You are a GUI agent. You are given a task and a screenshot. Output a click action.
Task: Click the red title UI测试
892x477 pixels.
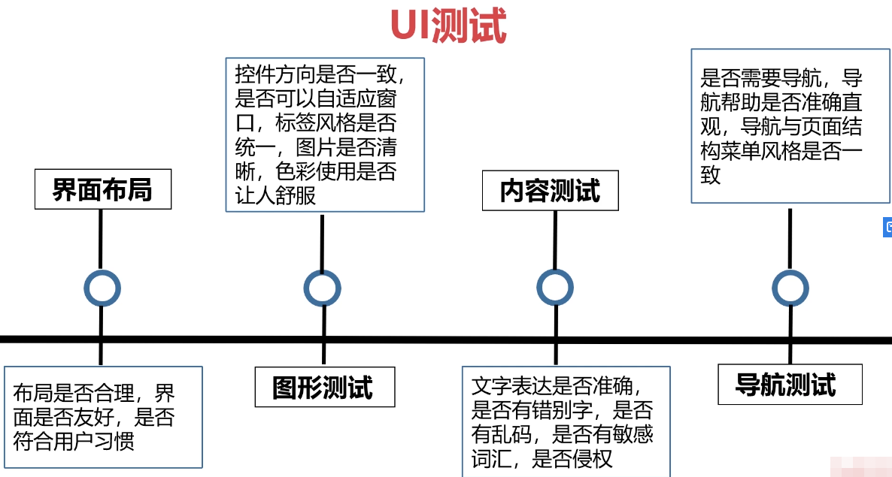448,26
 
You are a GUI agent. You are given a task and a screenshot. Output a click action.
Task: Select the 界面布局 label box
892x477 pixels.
102,189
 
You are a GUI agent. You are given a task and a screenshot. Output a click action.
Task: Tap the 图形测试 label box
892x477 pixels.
323,388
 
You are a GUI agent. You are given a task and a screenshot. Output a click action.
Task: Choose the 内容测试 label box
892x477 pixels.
550,191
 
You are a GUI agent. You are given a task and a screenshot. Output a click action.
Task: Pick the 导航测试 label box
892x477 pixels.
789,385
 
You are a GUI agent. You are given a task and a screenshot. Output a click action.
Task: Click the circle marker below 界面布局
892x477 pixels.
102,288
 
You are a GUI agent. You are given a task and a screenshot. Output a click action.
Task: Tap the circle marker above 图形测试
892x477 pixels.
322,288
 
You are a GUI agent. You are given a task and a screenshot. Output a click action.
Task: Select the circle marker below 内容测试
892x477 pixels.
555,288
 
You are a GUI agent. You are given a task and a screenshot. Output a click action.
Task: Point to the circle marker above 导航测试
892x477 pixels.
790,288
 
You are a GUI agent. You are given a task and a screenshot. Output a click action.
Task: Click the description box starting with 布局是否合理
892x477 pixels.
103,417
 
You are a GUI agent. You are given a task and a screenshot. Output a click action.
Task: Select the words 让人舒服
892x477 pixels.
275,196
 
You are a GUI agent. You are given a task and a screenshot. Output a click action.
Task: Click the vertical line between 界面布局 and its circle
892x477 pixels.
101,239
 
